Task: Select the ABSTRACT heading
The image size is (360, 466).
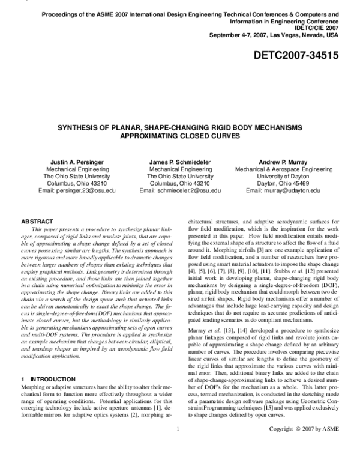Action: pos(37,222)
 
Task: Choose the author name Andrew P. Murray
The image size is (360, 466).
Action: pos(283,162)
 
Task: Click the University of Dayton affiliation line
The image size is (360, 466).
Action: pos(283,177)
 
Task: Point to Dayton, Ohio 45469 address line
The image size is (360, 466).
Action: pos(283,183)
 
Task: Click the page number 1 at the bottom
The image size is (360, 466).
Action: pos(179,446)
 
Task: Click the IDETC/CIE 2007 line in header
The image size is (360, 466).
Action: pos(317,28)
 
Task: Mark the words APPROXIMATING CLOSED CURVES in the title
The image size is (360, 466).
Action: pos(180,136)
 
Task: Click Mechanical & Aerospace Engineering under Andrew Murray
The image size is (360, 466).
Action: pos(283,169)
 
